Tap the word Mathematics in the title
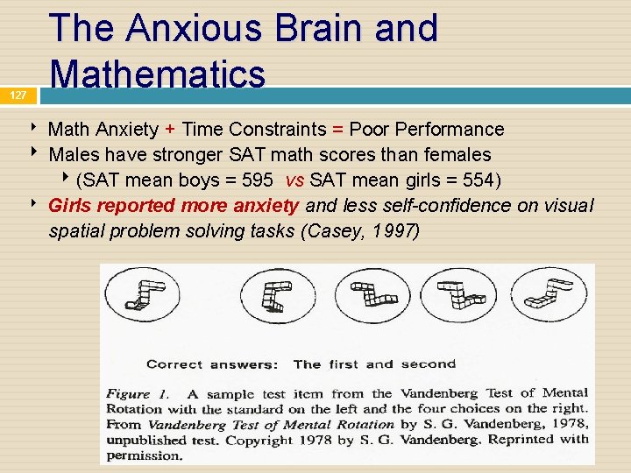pos(158,73)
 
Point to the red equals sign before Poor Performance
pos(337,130)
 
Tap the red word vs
pos(295,180)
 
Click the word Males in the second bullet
pos(74,155)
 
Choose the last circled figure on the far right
pos(549,293)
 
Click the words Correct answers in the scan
pos(212,364)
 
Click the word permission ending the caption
pos(145,455)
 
